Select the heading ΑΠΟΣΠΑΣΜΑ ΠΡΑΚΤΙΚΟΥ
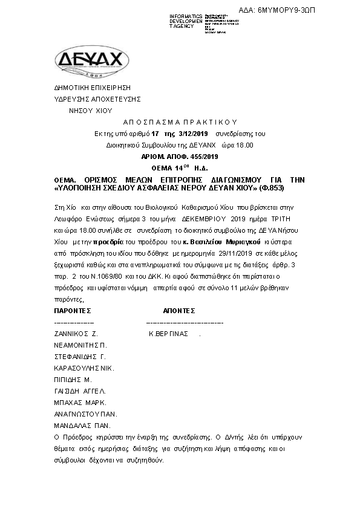coord(179,122)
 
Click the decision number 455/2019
coord(195,156)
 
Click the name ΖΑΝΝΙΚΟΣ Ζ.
coord(76,334)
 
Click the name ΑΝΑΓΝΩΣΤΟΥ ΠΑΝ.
coord(85,414)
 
